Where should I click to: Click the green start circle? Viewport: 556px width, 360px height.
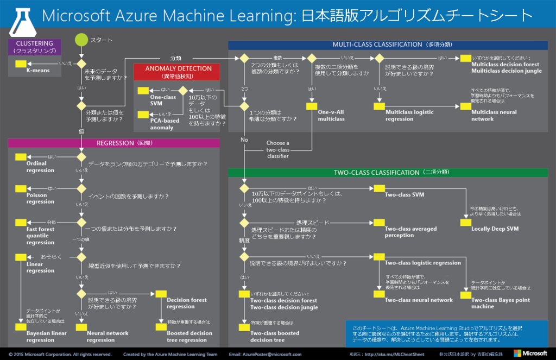point(81,40)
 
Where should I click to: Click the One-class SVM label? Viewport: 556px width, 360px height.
point(163,100)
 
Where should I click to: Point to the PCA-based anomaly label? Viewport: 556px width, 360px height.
point(165,124)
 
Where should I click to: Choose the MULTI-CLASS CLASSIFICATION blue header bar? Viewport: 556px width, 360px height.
point(388,45)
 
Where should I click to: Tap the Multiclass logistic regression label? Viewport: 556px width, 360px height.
point(409,115)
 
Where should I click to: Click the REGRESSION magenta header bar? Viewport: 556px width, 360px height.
point(113,143)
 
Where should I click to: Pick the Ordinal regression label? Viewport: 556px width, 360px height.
point(40,167)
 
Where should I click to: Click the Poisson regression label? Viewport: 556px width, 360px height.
point(40,198)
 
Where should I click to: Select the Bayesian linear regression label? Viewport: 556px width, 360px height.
point(40,337)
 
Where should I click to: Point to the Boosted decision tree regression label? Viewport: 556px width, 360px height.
point(189,337)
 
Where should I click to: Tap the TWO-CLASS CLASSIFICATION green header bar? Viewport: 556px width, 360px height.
point(388,173)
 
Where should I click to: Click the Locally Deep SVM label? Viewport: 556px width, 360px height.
point(495,229)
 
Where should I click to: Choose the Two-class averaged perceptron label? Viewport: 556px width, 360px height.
point(410,232)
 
